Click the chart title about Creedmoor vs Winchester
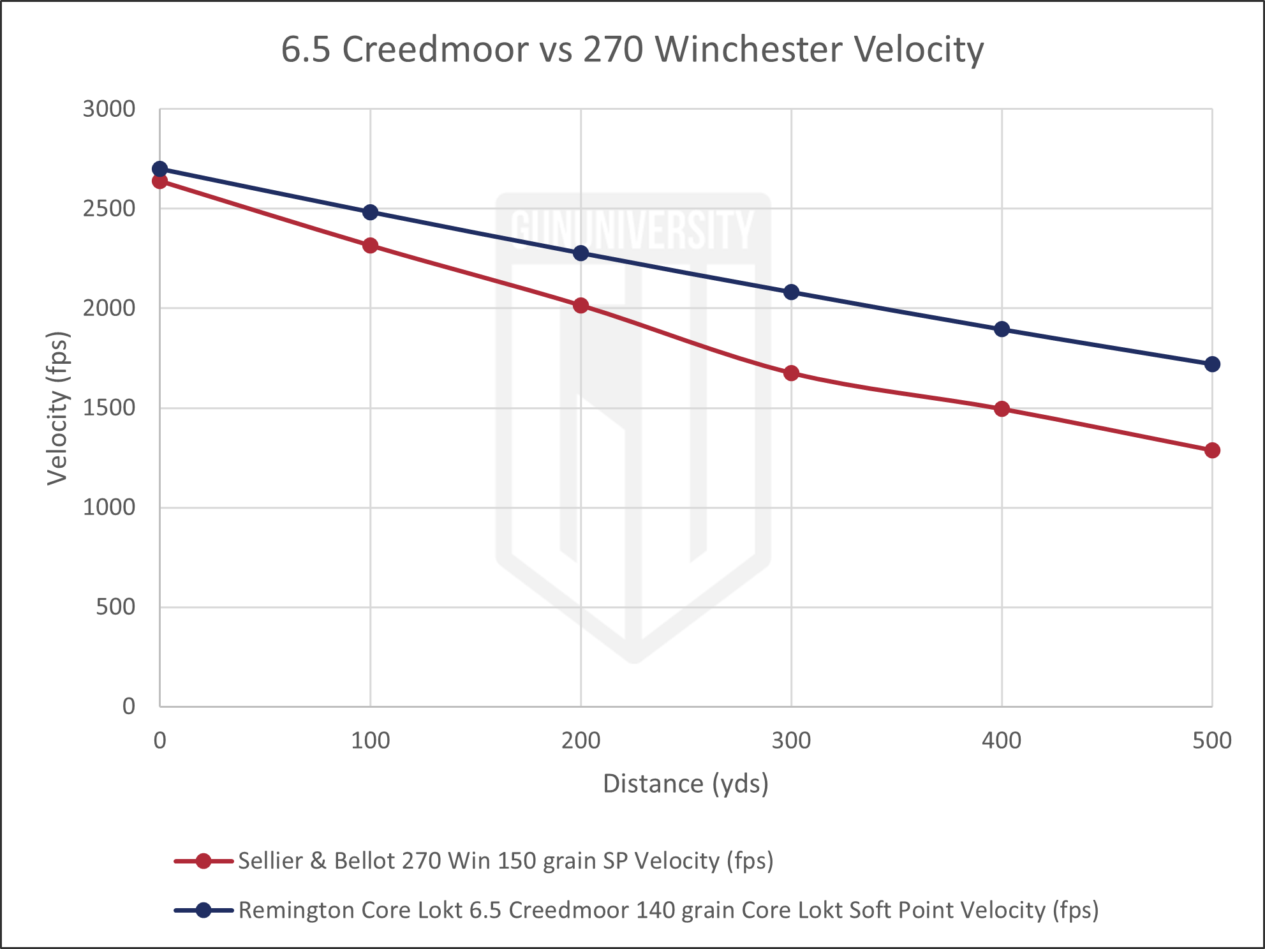632,50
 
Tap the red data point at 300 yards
791,373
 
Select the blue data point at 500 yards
1212,364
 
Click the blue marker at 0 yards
159,169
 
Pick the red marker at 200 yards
581,306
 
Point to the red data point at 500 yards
1212,451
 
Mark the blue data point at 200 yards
581,253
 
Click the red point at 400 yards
1002,408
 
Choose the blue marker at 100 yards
370,213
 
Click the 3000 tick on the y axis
109,109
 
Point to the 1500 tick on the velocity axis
109,408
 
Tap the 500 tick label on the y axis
115,607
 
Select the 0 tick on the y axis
128,706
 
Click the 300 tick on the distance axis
791,741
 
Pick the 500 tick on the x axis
1211,741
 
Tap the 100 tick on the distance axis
370,741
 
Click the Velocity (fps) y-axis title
57,408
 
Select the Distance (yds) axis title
686,784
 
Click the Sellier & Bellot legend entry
505,861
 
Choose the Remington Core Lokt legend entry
667,910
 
